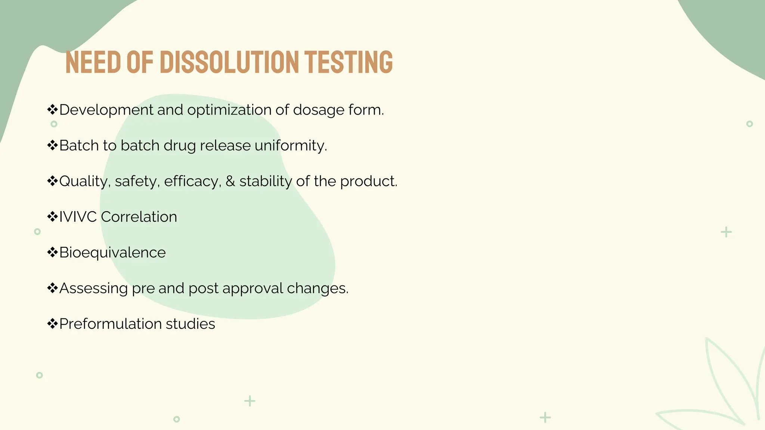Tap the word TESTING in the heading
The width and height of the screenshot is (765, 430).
click(348, 62)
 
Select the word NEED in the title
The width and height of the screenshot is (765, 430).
click(93, 62)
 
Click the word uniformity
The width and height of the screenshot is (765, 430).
click(291, 146)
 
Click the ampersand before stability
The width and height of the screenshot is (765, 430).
click(230, 181)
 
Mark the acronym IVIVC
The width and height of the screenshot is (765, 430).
click(78, 217)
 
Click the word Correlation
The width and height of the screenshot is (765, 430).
click(139, 217)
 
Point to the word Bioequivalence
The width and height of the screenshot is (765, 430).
click(112, 253)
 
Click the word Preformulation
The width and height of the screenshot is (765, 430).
click(110, 324)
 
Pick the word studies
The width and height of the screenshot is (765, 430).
click(191, 324)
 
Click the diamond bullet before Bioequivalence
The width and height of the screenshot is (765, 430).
click(52, 252)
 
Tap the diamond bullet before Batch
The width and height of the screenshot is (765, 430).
click(52, 145)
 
